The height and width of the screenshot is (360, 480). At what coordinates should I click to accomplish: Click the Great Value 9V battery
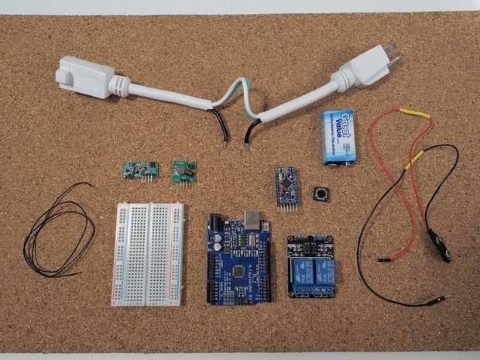(x=338, y=136)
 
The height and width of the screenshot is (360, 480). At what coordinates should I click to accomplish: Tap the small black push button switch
(x=318, y=194)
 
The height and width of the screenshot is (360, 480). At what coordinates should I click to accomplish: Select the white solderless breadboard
(x=149, y=253)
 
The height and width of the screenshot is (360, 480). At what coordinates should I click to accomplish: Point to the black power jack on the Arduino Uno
(x=216, y=228)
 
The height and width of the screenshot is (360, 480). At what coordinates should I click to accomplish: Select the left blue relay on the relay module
(x=298, y=273)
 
